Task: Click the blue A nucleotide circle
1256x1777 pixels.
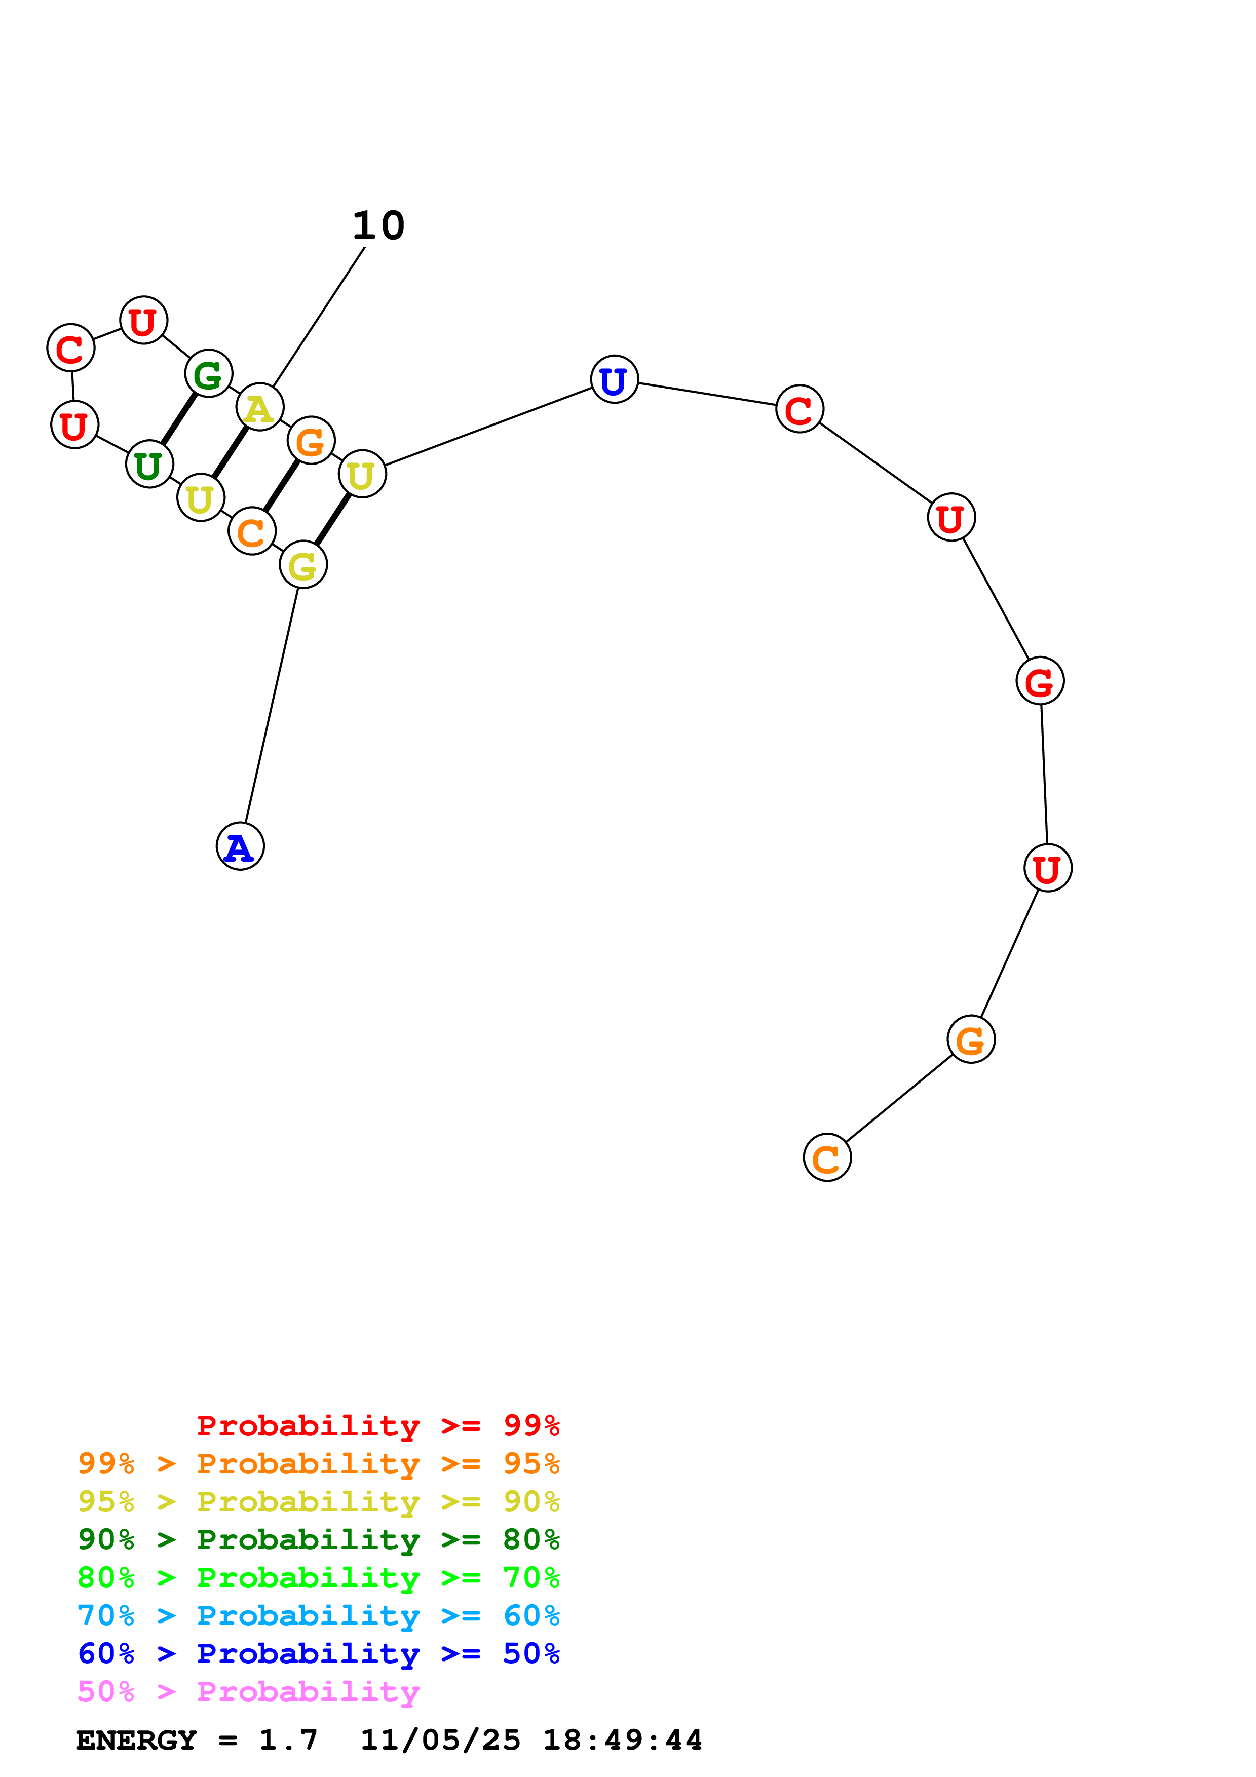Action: coord(240,846)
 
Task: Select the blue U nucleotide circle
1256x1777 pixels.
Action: coord(615,379)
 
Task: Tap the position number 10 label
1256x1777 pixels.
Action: coord(378,225)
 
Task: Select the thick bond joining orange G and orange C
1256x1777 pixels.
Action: coord(281,486)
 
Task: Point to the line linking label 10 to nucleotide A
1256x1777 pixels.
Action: coord(319,316)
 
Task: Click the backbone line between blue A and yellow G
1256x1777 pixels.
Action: coord(272,706)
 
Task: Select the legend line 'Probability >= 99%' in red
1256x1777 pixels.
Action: coord(378,1425)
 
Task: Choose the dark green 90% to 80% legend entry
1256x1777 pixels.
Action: coord(319,1539)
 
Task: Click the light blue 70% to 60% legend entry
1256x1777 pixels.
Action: coord(319,1615)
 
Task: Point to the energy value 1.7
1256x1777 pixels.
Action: coord(288,1740)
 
